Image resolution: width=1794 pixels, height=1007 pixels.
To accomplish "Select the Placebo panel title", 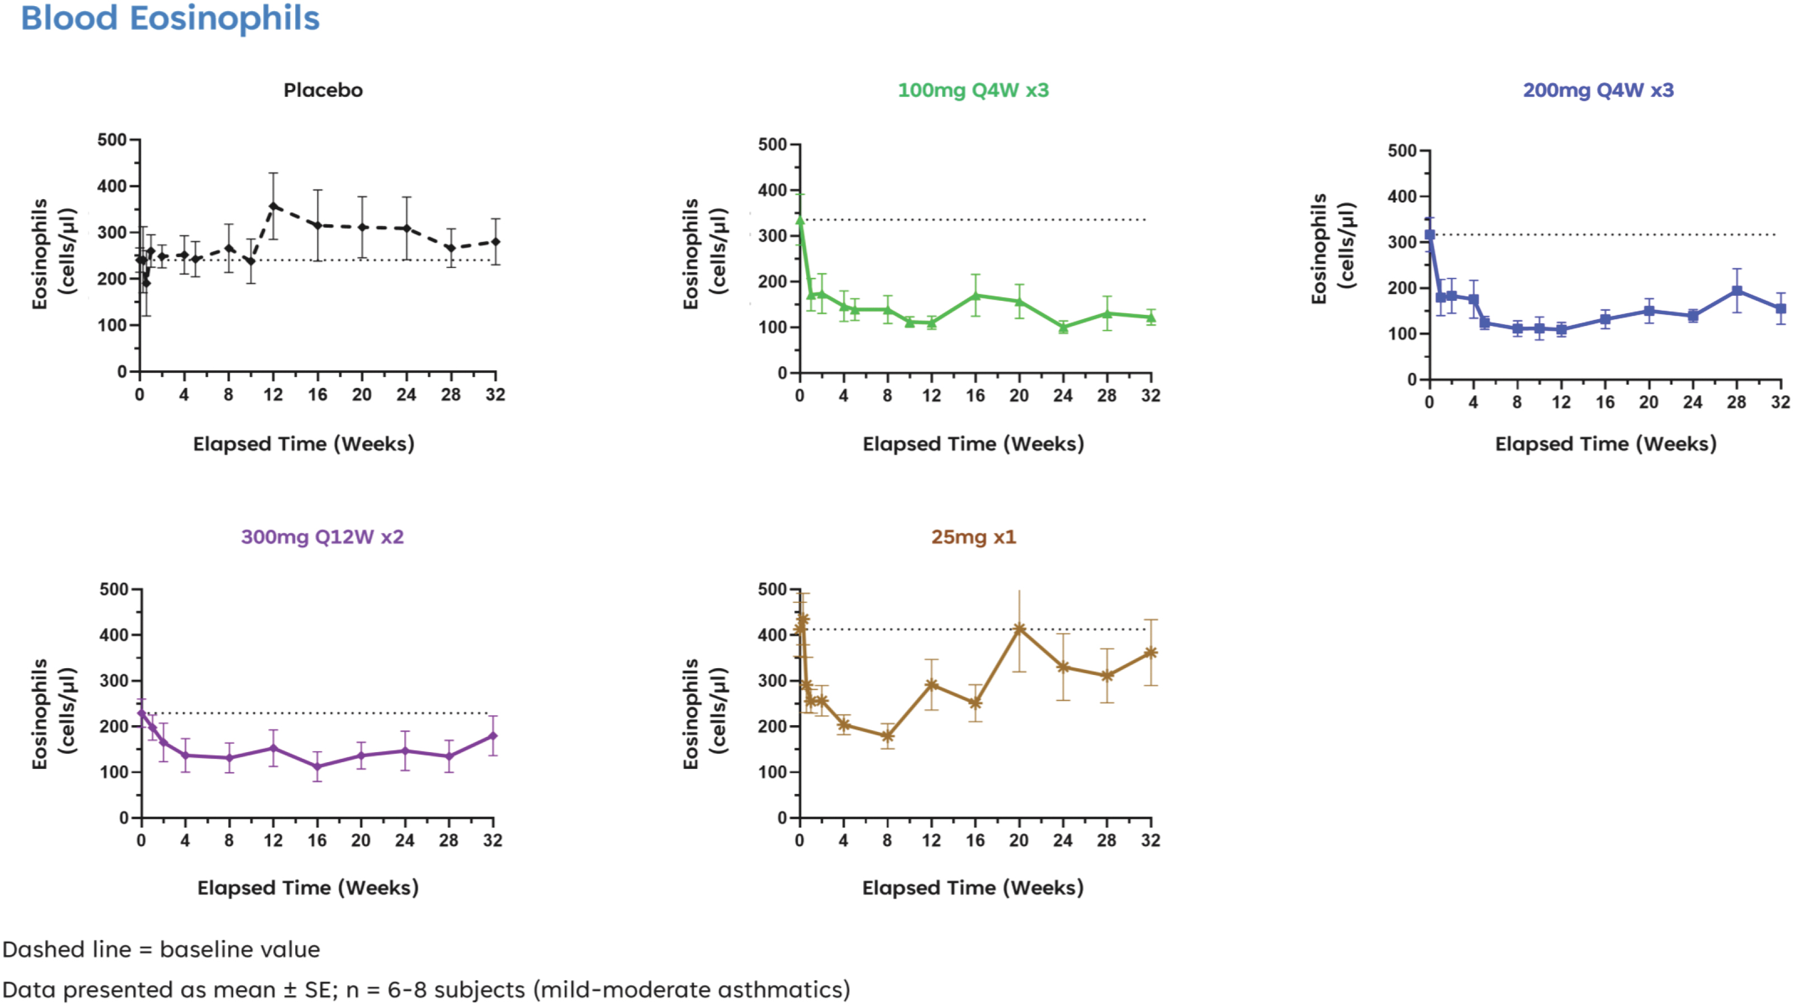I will [x=323, y=91].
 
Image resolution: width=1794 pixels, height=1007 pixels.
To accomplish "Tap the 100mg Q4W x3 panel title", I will [x=973, y=91].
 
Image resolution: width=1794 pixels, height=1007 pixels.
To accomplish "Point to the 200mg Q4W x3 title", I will [x=1598, y=91].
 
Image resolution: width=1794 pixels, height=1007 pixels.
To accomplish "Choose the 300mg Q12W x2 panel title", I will [x=323, y=537].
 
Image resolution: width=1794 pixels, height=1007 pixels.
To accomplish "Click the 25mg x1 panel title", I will [x=974, y=537].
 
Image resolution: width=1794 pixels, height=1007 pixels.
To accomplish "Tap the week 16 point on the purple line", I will [x=318, y=767].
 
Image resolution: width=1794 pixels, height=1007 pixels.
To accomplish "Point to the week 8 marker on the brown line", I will [x=887, y=736].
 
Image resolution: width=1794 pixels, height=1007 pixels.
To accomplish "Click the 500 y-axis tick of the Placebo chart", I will [x=111, y=140].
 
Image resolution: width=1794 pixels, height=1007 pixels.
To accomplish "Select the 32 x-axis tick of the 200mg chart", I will [x=1781, y=403].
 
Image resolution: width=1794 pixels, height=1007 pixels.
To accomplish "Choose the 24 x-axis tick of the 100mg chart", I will [x=1063, y=396].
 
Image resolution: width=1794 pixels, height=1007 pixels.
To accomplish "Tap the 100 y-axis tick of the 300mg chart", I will [x=114, y=772].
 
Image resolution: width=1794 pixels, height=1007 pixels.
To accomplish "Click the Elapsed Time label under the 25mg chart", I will [x=973, y=888].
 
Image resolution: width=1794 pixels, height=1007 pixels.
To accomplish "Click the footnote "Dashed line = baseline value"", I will [x=161, y=950].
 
